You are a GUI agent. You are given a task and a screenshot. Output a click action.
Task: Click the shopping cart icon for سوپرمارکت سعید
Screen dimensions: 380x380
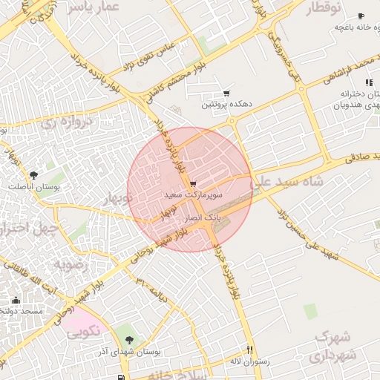pos(193,183)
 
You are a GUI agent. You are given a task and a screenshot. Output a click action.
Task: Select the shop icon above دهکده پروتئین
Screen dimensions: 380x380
pos(226,94)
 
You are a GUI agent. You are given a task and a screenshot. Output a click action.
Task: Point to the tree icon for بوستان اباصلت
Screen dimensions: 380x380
pos(34,175)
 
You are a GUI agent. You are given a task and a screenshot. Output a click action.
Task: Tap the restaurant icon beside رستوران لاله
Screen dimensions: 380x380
pos(250,350)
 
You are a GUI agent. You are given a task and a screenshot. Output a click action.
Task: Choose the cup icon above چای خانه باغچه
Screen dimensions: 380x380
pos(361,16)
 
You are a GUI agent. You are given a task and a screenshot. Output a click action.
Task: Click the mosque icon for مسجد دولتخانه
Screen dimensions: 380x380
pos(16,301)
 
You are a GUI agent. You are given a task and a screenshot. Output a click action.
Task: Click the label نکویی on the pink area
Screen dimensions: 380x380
pos(83,332)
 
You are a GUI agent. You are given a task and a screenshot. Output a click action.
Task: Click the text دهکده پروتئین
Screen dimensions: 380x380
pos(227,105)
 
